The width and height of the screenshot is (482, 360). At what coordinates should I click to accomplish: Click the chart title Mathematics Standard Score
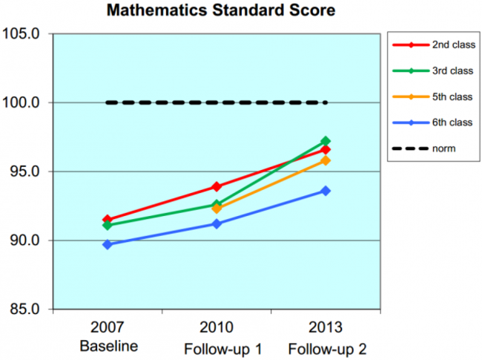tap(211, 12)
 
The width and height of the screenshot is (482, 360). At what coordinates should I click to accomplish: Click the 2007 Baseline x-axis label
tap(108, 337)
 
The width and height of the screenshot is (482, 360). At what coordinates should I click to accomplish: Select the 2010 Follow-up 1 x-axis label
tap(217, 337)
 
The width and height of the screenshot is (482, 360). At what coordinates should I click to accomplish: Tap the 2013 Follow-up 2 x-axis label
tap(326, 337)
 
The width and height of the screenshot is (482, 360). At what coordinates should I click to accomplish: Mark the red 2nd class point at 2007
tap(108, 220)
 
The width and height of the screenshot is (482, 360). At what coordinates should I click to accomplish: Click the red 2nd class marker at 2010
tap(217, 186)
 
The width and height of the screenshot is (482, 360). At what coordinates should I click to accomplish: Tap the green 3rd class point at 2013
tap(326, 141)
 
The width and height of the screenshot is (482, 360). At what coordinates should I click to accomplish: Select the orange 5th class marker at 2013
tap(326, 160)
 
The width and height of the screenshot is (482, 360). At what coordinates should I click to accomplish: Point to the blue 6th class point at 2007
tap(108, 244)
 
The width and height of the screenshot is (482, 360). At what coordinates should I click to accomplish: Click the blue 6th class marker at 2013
tap(326, 191)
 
